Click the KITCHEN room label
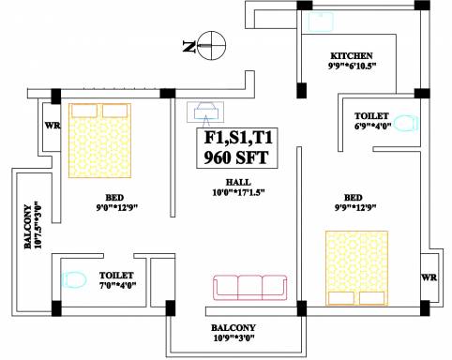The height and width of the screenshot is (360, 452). (x=352, y=56)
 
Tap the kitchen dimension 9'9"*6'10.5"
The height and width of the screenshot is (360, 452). (x=352, y=67)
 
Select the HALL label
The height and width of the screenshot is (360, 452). (x=238, y=182)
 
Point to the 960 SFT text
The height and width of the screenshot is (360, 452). (x=236, y=157)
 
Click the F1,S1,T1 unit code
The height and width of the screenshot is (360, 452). (x=238, y=138)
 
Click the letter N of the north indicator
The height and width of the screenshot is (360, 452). (x=189, y=47)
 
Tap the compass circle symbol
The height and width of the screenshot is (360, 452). (x=212, y=45)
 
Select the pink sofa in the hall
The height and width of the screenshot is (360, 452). (x=250, y=288)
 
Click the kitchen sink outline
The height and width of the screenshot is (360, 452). (x=321, y=22)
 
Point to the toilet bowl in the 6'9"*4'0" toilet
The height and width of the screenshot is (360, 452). (x=406, y=123)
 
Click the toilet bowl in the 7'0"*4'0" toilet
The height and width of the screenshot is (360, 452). (x=74, y=279)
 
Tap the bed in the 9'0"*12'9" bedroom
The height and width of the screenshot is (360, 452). (x=99, y=141)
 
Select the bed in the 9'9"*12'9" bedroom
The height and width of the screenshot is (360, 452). (x=356, y=268)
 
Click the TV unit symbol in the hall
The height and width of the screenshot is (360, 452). (x=205, y=112)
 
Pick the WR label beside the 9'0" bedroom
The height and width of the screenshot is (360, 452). (x=53, y=126)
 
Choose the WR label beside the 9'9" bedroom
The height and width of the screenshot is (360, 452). (x=429, y=277)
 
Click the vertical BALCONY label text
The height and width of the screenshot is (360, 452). (x=28, y=227)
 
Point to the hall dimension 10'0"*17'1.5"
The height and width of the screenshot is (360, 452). (x=238, y=192)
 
